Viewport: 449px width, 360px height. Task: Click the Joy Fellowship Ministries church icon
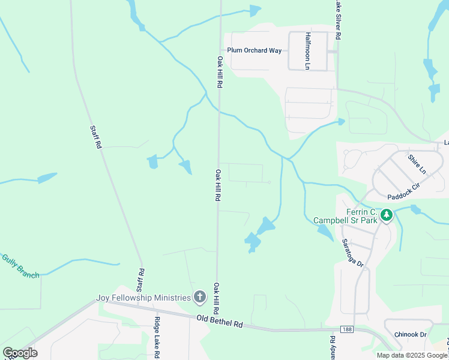(199, 296)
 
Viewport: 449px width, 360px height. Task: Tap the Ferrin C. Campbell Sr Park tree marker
(387, 214)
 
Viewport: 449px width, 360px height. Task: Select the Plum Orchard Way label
(254, 51)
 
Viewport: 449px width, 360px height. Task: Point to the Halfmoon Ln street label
(307, 51)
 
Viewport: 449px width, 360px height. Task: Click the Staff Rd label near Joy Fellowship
(141, 280)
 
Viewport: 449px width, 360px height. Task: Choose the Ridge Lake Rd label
(156, 338)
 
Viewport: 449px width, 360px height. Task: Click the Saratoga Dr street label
(345, 254)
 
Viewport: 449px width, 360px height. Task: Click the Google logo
(20, 353)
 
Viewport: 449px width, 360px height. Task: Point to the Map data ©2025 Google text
(411, 355)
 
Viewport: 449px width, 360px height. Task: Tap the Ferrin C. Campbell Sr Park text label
(345, 217)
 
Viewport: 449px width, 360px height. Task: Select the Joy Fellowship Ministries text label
(144, 297)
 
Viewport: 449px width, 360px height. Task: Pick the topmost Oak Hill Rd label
(220, 73)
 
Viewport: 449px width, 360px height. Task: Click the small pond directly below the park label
(324, 231)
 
